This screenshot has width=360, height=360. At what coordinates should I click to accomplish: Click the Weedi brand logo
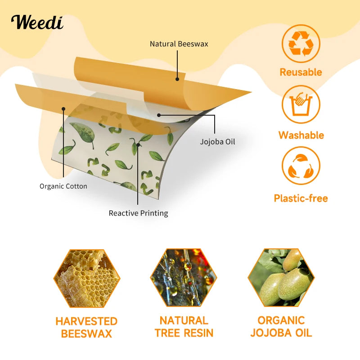(x=37, y=22)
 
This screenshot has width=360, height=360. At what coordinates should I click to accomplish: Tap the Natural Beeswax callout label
(x=179, y=44)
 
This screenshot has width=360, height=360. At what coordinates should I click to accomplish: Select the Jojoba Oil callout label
(x=217, y=142)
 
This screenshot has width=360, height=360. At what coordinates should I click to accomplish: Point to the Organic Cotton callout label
(x=63, y=186)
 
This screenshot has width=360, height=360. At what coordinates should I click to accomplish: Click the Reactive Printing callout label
(x=138, y=213)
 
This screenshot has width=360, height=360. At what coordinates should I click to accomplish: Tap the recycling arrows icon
(x=301, y=43)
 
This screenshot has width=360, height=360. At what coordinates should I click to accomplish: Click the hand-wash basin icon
(x=301, y=104)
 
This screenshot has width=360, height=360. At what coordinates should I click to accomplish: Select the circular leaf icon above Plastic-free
(x=301, y=166)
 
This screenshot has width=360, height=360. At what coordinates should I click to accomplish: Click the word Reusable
(x=301, y=72)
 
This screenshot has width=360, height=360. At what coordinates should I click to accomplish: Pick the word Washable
(x=301, y=135)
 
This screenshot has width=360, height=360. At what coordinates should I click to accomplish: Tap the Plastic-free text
(x=301, y=198)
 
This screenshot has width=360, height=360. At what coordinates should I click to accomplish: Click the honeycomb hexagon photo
(x=87, y=279)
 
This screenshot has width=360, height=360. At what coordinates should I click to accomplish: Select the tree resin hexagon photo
(x=184, y=279)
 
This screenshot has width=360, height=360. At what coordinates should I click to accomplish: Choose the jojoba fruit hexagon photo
(x=281, y=279)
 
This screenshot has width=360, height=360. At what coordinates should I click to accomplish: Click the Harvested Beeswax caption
(x=86, y=328)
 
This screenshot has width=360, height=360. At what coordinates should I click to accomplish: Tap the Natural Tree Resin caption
(x=184, y=327)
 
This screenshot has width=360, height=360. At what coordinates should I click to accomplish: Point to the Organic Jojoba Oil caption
(x=281, y=327)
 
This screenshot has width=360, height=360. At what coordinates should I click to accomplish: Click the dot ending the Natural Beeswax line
(x=177, y=79)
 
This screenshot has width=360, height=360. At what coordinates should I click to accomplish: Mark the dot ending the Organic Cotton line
(x=64, y=108)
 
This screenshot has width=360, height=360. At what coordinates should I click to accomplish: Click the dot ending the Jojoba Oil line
(x=158, y=115)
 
